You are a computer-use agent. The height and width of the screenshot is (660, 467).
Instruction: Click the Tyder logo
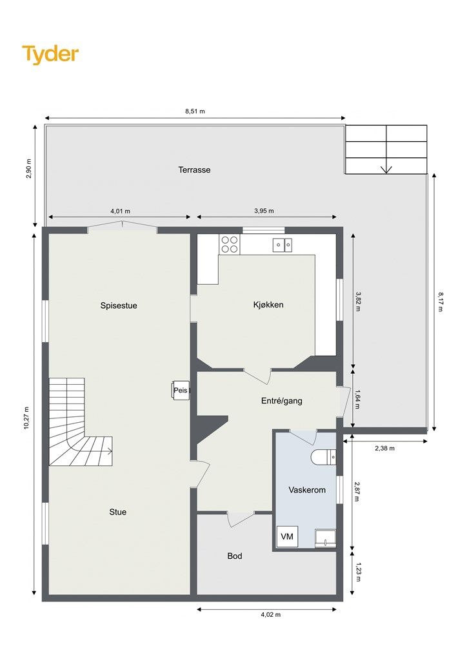click(50, 55)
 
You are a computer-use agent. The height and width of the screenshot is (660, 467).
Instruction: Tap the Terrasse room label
click(194, 170)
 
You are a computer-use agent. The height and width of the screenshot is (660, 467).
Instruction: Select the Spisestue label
click(119, 306)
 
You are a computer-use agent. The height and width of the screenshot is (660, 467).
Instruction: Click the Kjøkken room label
click(268, 305)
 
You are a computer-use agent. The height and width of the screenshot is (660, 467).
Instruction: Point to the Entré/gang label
click(281, 401)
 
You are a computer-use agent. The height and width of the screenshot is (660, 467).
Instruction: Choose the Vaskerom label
click(306, 490)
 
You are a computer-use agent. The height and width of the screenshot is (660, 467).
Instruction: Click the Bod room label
click(235, 556)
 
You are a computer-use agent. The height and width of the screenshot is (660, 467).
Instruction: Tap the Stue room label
click(117, 512)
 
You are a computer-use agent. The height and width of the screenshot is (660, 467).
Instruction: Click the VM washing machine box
click(287, 537)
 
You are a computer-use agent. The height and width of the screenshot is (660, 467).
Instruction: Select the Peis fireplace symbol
click(181, 391)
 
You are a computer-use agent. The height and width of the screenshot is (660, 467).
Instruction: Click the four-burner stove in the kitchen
click(230, 244)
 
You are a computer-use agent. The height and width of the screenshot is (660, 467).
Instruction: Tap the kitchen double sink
click(282, 244)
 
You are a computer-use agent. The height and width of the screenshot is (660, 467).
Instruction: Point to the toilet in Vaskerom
click(323, 457)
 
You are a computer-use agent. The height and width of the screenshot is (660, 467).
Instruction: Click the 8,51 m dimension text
click(195, 112)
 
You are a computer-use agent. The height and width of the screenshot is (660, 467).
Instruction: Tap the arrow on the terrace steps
click(386, 169)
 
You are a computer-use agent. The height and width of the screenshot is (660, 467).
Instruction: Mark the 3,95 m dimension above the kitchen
click(264, 211)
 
